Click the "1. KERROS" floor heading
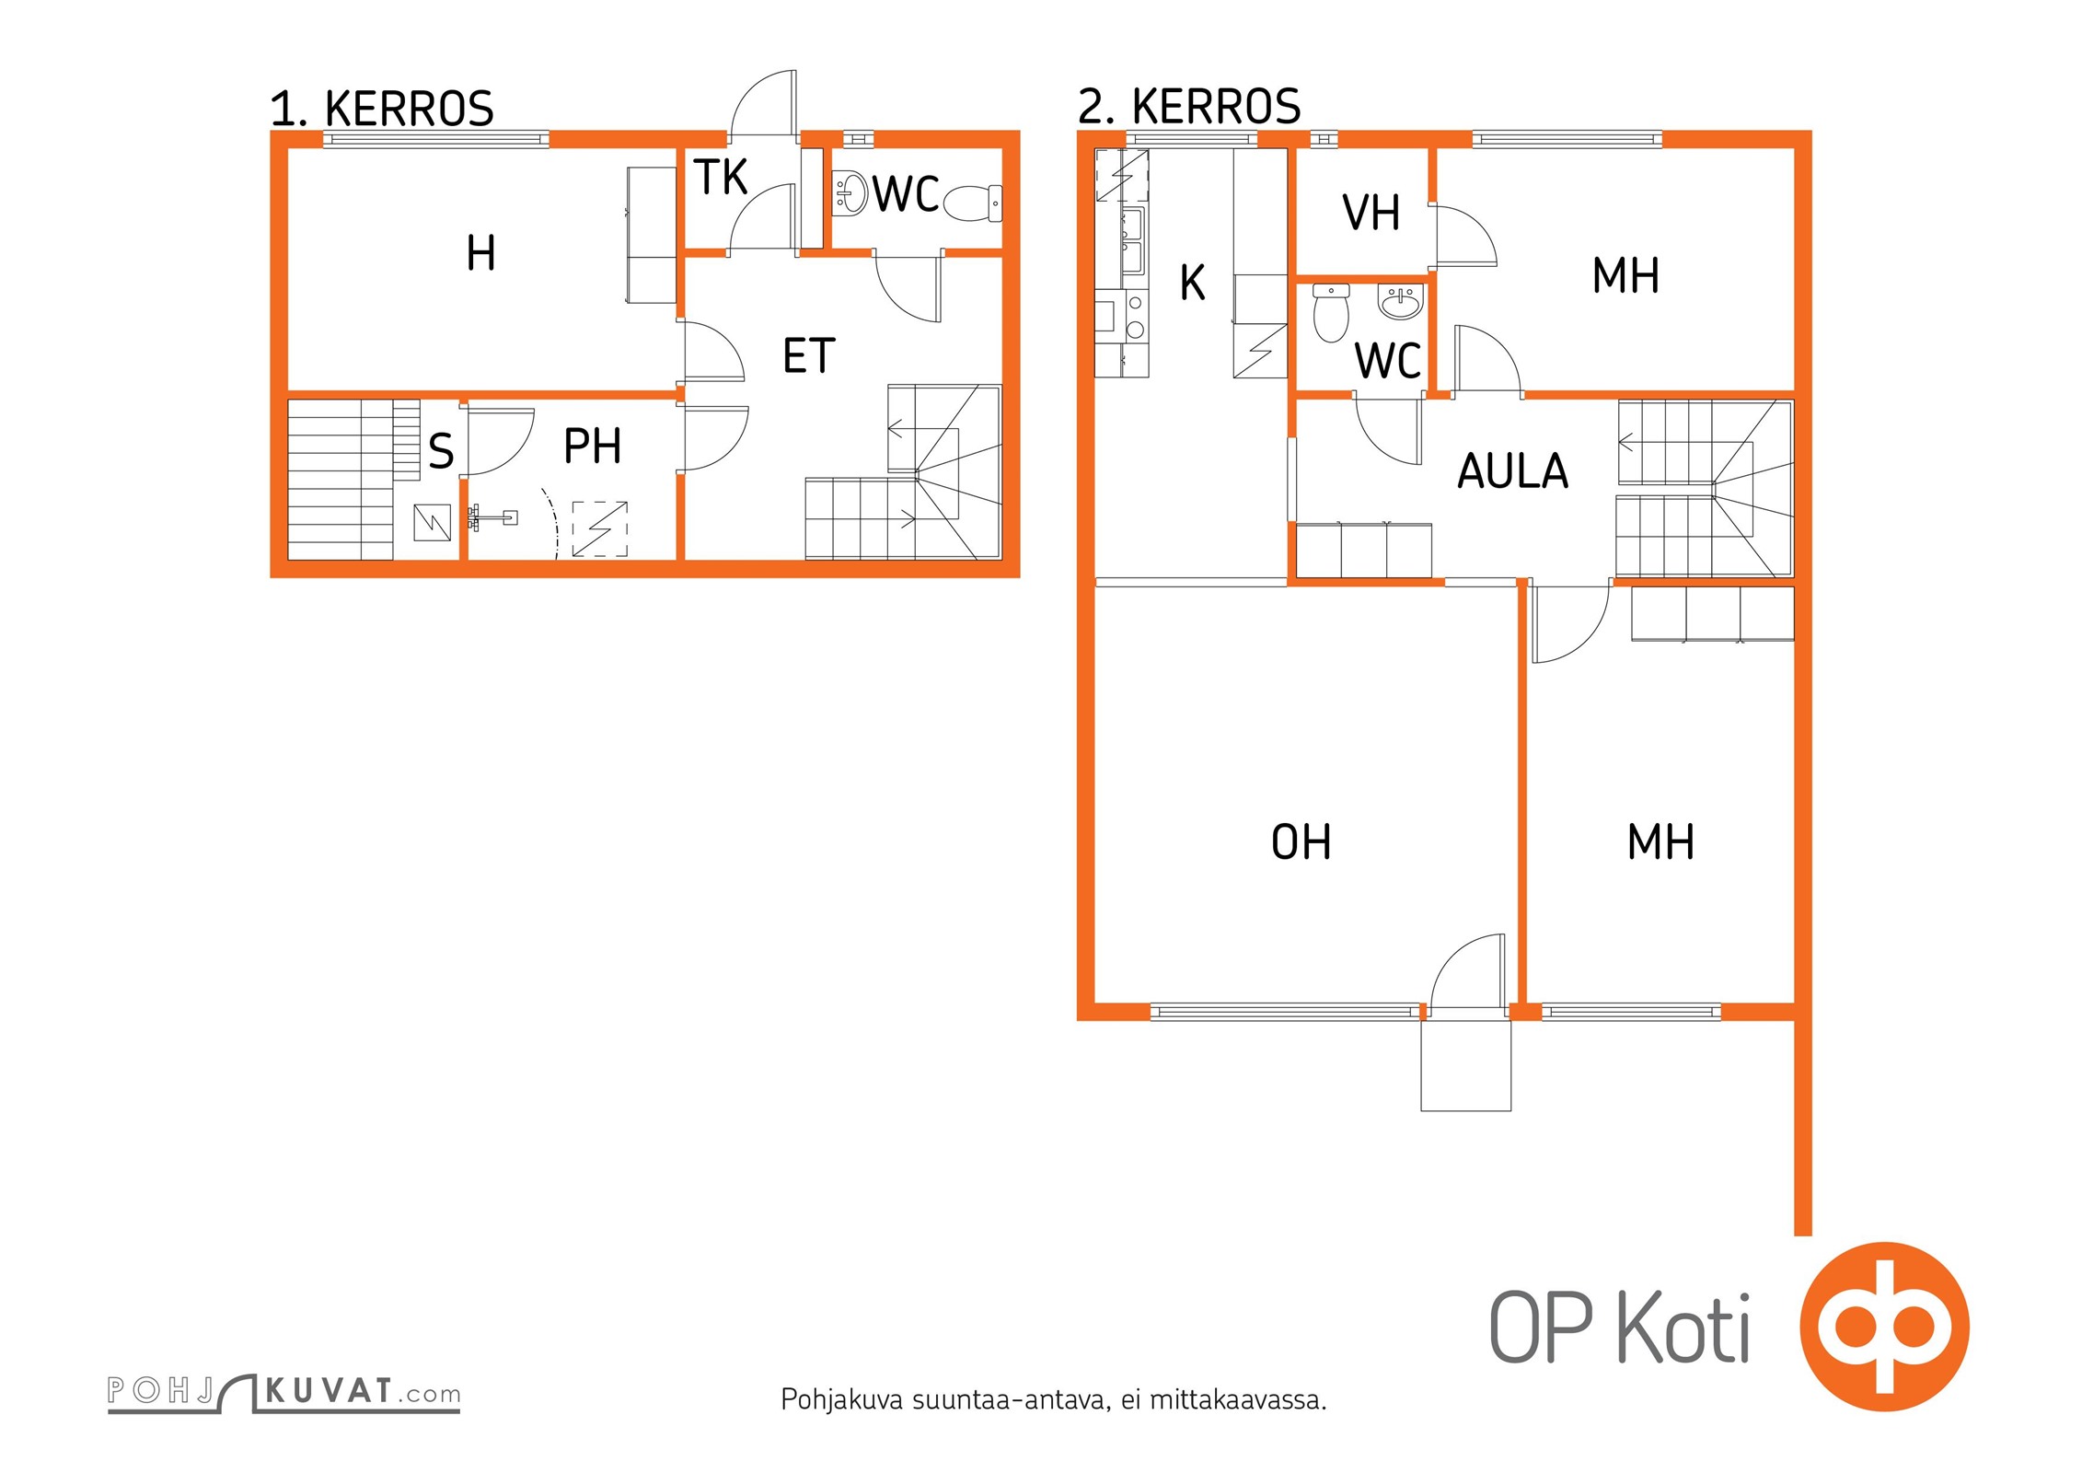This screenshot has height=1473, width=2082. [x=382, y=110]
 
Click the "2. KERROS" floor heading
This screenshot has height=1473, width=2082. [x=1189, y=107]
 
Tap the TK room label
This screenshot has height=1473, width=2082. [x=721, y=178]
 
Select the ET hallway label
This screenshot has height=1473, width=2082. [x=809, y=356]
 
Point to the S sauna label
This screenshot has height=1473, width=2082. [x=441, y=451]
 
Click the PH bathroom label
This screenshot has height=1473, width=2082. [x=592, y=447]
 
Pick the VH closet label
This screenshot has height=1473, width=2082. [x=1371, y=213]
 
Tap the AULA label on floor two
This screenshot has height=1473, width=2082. [x=1512, y=471]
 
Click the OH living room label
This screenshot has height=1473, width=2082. [x=1301, y=842]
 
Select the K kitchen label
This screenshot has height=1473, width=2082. [x=1193, y=283]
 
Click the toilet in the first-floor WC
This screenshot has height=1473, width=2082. [x=973, y=203]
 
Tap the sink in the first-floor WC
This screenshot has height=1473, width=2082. [x=850, y=193]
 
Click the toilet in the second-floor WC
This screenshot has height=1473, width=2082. [x=1331, y=312]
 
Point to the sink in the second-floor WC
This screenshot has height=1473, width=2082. [x=1400, y=301]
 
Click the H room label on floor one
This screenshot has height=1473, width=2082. [x=480, y=253]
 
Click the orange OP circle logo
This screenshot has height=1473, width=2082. [x=1884, y=1327]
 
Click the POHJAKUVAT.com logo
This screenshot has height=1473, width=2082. [x=283, y=1392]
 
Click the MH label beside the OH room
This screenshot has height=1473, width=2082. [x=1660, y=842]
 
